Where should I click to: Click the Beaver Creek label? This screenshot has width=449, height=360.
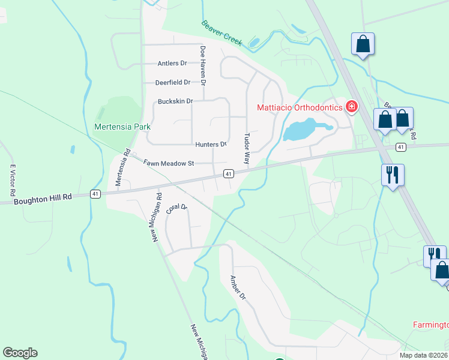click(x=221, y=32)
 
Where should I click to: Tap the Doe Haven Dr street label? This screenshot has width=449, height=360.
click(x=203, y=64)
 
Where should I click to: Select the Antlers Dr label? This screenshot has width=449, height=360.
click(x=172, y=63)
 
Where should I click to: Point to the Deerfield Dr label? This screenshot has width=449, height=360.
click(x=172, y=82)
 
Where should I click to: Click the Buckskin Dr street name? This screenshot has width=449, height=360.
click(x=175, y=101)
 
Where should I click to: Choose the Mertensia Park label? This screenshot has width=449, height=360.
click(x=122, y=127)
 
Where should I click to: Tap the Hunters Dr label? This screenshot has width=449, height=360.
click(x=211, y=145)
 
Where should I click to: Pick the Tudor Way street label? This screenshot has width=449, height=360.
click(x=246, y=149)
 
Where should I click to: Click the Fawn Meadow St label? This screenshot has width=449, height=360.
click(x=169, y=163)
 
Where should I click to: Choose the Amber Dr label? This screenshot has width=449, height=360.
click(x=238, y=287)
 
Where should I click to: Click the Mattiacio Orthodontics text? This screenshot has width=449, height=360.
click(x=300, y=108)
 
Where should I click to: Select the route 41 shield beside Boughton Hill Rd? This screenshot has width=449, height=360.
click(x=95, y=194)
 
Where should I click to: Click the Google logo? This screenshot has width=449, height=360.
click(x=20, y=353)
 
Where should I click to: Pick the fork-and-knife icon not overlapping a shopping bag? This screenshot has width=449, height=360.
click(x=393, y=175)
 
